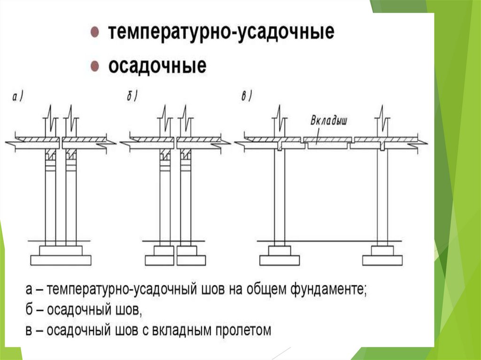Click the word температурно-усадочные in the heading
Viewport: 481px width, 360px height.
[x=221, y=33]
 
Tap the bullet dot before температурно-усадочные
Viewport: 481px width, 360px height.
[x=94, y=33]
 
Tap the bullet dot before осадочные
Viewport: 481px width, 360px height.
[x=94, y=66]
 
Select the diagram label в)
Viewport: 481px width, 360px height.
[x=247, y=97]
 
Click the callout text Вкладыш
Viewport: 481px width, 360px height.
[x=329, y=120]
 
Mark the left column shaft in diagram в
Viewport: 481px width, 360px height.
[x=279, y=197]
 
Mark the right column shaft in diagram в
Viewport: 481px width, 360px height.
[x=382, y=197]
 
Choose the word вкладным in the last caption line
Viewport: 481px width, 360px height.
[x=181, y=330]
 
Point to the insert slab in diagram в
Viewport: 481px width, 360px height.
[x=328, y=140]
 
